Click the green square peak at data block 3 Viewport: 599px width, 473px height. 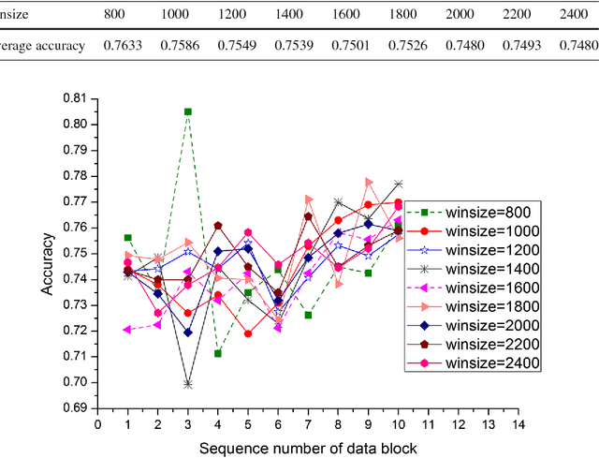188,111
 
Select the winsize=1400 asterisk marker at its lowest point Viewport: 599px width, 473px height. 188,384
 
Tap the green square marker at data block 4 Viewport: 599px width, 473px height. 218,353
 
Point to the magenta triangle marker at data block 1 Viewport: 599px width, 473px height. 127,330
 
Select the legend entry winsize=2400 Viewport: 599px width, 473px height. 490,363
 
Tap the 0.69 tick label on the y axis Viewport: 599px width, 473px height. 74,408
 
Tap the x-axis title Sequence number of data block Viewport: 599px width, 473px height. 308,450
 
